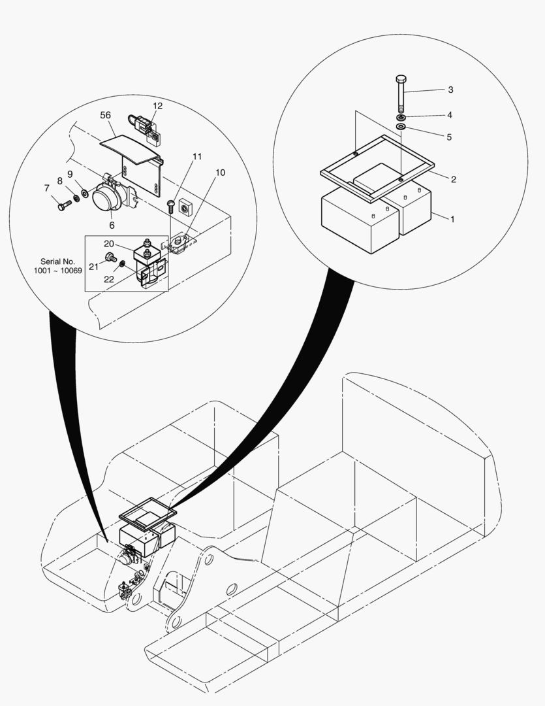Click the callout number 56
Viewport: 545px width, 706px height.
tap(105, 115)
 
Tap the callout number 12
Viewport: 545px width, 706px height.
tap(158, 105)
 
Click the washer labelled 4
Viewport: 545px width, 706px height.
tap(401, 117)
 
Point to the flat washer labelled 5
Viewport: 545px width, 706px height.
tap(401, 126)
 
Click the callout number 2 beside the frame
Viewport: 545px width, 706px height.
tap(452, 179)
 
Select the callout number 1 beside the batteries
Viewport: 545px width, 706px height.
tap(452, 219)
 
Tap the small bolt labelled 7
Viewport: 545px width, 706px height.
tap(63, 206)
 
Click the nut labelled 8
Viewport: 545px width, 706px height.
tap(76, 198)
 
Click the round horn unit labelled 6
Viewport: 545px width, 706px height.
tap(105, 199)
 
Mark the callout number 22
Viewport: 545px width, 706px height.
tap(109, 278)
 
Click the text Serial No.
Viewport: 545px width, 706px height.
tap(58, 261)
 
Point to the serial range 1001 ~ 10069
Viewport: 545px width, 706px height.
tap(58, 271)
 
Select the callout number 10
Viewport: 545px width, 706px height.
tap(220, 173)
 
